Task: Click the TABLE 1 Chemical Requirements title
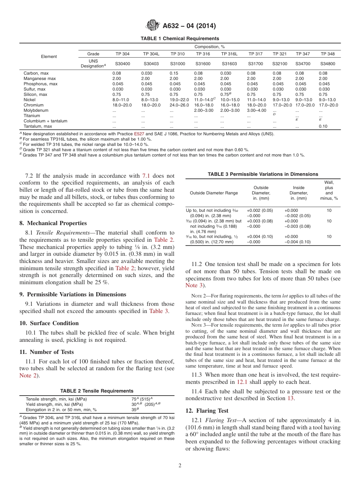(x=180, y=39)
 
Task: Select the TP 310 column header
(x=177, y=54)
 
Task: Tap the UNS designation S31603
(x=229, y=64)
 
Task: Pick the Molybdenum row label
(x=36, y=110)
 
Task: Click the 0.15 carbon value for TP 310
(x=174, y=73)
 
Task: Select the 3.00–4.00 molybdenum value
(x=257, y=110)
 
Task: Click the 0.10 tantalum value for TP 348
(x=323, y=126)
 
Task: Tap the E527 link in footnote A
(x=139, y=134)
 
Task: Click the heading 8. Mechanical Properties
(x=53, y=223)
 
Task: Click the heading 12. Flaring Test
(x=207, y=411)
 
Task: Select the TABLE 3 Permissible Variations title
(x=263, y=174)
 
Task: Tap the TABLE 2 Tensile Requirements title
(x=97, y=391)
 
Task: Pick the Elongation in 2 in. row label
(x=61, y=410)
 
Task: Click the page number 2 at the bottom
(x=180, y=466)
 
